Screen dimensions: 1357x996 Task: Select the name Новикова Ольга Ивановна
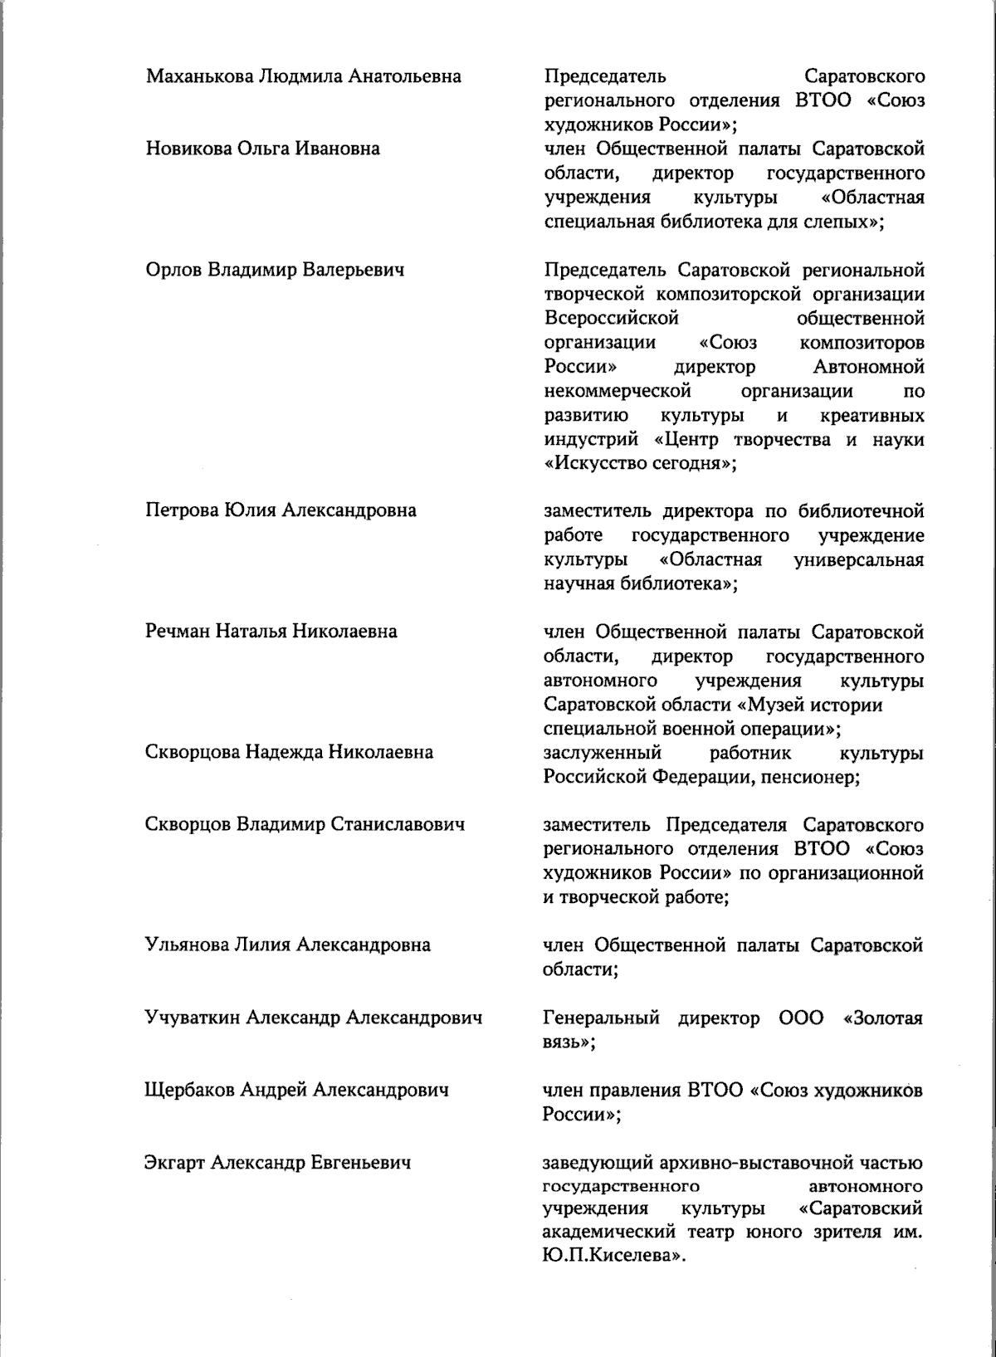coord(263,149)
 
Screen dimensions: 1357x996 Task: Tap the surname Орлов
coord(173,271)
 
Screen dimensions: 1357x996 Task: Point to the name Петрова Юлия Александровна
coord(281,510)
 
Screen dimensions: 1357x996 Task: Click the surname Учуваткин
coord(193,1018)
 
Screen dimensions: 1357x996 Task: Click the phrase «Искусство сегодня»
coord(640,464)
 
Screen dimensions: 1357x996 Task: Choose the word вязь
coord(564,1042)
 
